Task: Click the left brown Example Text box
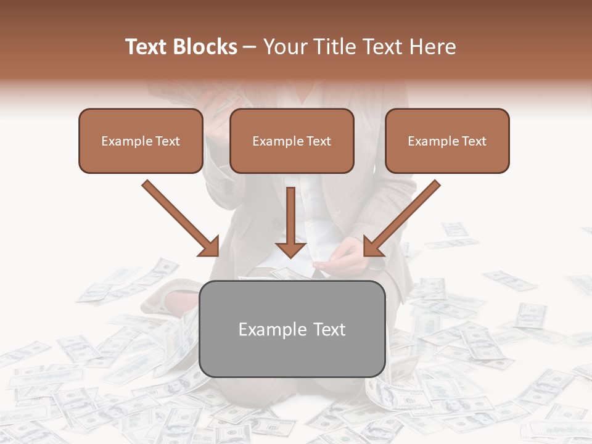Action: [x=141, y=141]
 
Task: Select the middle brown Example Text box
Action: [x=292, y=141]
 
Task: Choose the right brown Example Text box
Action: [x=447, y=141]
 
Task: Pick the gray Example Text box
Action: [x=292, y=329]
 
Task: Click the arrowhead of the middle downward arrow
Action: [x=290, y=249]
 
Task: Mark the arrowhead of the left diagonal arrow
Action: [x=210, y=247]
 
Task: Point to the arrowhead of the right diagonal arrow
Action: [x=372, y=246]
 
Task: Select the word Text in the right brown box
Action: [x=474, y=141]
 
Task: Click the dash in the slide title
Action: [x=250, y=47]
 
